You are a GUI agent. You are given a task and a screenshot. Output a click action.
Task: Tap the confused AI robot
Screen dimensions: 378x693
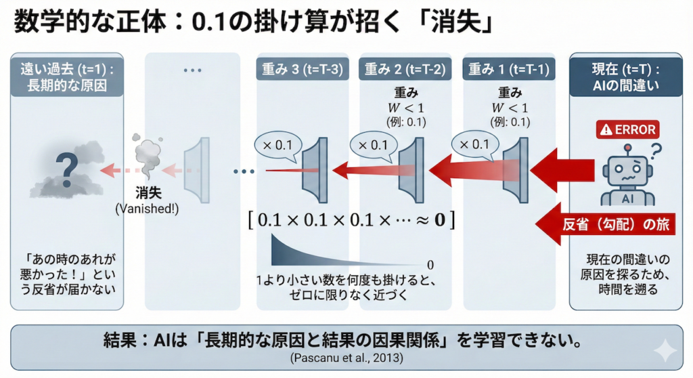point(627,177)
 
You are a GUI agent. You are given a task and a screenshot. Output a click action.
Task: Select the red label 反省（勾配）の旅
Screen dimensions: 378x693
point(616,225)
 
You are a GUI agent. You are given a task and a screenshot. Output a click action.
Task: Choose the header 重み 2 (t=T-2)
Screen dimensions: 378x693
point(405,68)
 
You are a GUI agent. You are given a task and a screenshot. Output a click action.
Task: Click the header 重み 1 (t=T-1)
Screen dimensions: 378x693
point(508,68)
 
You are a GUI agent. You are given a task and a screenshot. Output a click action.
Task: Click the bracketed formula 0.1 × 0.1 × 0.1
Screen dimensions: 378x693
point(350,219)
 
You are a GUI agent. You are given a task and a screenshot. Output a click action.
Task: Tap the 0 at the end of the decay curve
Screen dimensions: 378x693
point(430,264)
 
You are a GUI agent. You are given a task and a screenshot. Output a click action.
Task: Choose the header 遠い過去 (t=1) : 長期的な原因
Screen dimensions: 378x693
point(67,76)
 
